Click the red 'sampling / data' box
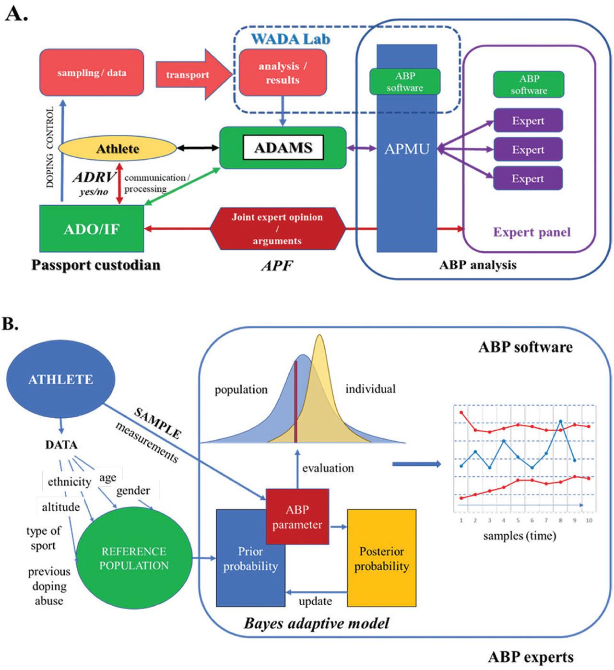click(91, 72)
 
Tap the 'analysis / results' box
click(283, 73)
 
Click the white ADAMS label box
click(283, 148)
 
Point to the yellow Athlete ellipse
click(118, 149)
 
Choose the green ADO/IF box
click(91, 229)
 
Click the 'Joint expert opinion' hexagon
click(277, 229)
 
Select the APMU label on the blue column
click(406, 149)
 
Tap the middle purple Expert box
click(528, 150)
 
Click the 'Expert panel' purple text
click(532, 233)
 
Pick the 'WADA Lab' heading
click(291, 39)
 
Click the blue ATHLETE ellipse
click(60, 379)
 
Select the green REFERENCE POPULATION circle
click(134, 558)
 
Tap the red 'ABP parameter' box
click(297, 517)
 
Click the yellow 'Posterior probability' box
click(381, 558)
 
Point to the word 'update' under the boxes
click(315, 601)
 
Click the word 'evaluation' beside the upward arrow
click(328, 468)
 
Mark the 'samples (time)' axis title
click(520, 536)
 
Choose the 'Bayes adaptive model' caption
click(317, 623)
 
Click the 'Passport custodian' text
click(96, 265)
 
